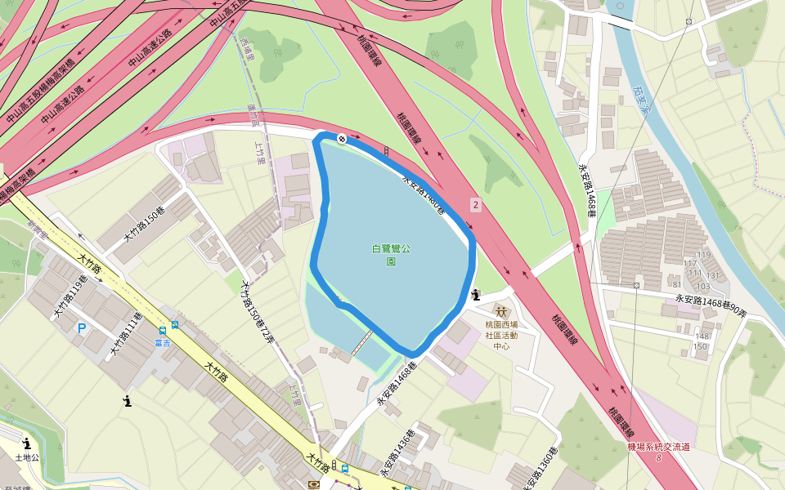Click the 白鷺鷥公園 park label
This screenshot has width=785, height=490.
[391, 255]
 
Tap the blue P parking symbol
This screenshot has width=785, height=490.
[81, 328]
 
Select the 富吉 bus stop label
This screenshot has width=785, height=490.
[162, 343]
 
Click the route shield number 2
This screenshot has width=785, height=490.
[475, 203]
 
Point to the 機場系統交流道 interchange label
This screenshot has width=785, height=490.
[659, 447]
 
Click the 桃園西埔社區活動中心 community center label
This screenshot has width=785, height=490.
[501, 335]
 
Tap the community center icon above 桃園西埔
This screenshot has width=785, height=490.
[501, 312]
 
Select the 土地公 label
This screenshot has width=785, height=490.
[27, 458]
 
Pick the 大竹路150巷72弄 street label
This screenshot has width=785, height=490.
[257, 313]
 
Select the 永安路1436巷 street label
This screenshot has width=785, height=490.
[399, 454]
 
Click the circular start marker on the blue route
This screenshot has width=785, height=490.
[342, 139]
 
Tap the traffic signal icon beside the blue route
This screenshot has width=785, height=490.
[386, 151]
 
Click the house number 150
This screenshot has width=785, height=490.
[701, 347]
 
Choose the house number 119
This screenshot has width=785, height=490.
[703, 255]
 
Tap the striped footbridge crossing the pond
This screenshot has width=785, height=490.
[362, 342]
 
